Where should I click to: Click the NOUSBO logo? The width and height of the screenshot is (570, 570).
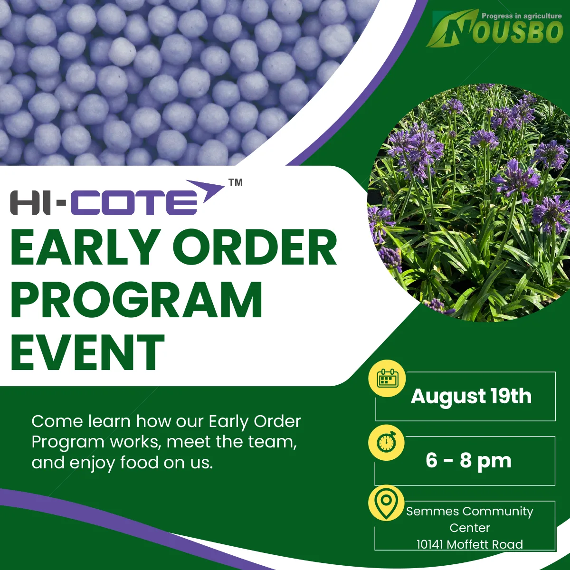(x=494, y=28)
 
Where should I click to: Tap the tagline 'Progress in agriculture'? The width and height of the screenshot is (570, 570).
(x=522, y=16)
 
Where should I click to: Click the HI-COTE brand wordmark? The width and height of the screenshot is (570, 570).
(x=104, y=203)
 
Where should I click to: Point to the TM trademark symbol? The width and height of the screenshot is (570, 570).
(x=236, y=182)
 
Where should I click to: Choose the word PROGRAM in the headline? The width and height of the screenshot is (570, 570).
(x=136, y=300)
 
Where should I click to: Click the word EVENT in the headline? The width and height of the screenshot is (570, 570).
(x=87, y=352)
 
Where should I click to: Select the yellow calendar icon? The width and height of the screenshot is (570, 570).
(x=388, y=378)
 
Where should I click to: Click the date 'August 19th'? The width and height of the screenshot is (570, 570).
(x=471, y=396)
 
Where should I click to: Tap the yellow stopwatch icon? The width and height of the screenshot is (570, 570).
(x=387, y=443)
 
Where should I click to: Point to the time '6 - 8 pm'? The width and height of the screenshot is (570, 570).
(x=468, y=461)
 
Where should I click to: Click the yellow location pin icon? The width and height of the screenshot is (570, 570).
(x=386, y=504)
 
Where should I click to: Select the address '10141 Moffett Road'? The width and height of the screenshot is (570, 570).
(x=470, y=544)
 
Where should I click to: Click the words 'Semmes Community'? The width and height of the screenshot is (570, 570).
(x=470, y=512)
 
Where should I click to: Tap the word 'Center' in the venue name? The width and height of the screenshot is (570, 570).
(x=470, y=528)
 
